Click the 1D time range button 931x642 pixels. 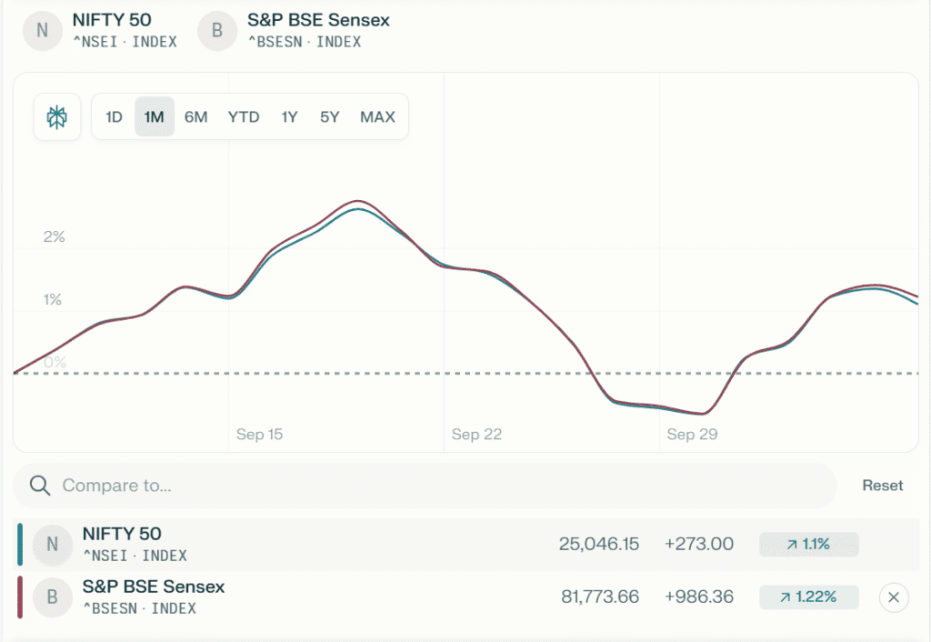coord(114,117)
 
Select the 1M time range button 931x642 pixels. coord(155,117)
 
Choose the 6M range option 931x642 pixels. coord(195,117)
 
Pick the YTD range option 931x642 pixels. coord(244,117)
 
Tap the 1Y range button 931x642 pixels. coord(289,117)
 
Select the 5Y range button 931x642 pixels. coord(329,117)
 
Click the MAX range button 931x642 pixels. coord(377,117)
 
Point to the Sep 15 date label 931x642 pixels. coord(259,435)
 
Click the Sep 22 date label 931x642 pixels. coord(476,435)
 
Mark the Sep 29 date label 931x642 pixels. coord(692,435)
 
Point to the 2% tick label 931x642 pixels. coord(55,237)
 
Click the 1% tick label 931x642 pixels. coord(53,299)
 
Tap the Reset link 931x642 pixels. coord(882,486)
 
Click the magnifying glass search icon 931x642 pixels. coord(39,486)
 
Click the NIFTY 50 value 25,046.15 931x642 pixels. coord(599,544)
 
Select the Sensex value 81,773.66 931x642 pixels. coord(599,597)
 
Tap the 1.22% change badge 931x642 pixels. coord(809,597)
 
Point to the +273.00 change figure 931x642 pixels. coord(698,544)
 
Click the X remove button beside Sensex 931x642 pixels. coord(894,597)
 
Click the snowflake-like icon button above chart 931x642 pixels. coord(57,117)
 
